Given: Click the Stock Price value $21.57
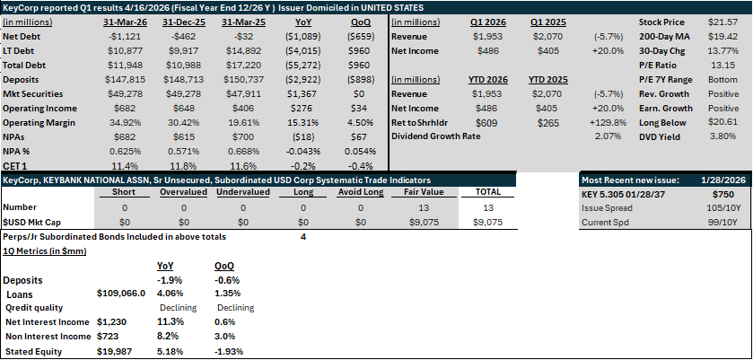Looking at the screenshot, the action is pyautogui.click(x=722, y=22).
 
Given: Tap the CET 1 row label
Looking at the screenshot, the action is pyautogui.click(x=14, y=166).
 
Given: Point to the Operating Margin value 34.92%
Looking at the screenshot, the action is pyautogui.click(x=124, y=123).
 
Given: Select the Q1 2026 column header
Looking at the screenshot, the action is pyautogui.click(x=486, y=22).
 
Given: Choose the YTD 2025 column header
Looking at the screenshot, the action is pyautogui.click(x=548, y=80).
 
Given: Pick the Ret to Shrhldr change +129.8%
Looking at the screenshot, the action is pyautogui.click(x=608, y=123).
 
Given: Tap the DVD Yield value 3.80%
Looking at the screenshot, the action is pyautogui.click(x=722, y=136).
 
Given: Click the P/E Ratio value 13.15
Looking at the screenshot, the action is pyautogui.click(x=722, y=66).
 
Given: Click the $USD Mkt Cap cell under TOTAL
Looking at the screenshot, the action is pyautogui.click(x=487, y=223).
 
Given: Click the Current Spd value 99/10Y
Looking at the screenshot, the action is pyautogui.click(x=723, y=223).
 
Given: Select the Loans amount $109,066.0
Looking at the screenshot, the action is pyautogui.click(x=121, y=294).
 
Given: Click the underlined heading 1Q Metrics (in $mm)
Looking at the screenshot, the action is pyautogui.click(x=45, y=251).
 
